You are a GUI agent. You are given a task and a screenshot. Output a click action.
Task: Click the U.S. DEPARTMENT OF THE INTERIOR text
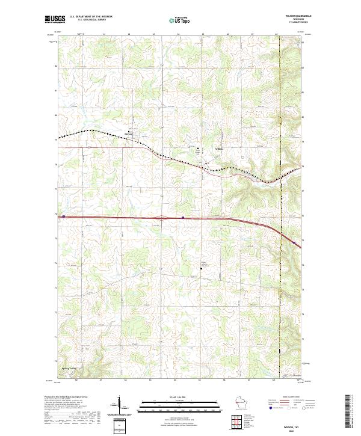[91, 16]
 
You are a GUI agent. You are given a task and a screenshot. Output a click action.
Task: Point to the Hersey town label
[128, 134]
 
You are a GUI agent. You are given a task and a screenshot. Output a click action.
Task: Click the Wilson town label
[219, 149]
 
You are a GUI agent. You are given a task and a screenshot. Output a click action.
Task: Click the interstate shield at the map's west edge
[63, 216]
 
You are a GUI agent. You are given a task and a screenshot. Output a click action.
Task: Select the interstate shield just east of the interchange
[182, 218]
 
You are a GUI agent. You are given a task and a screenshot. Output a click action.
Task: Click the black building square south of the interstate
[202, 269]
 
